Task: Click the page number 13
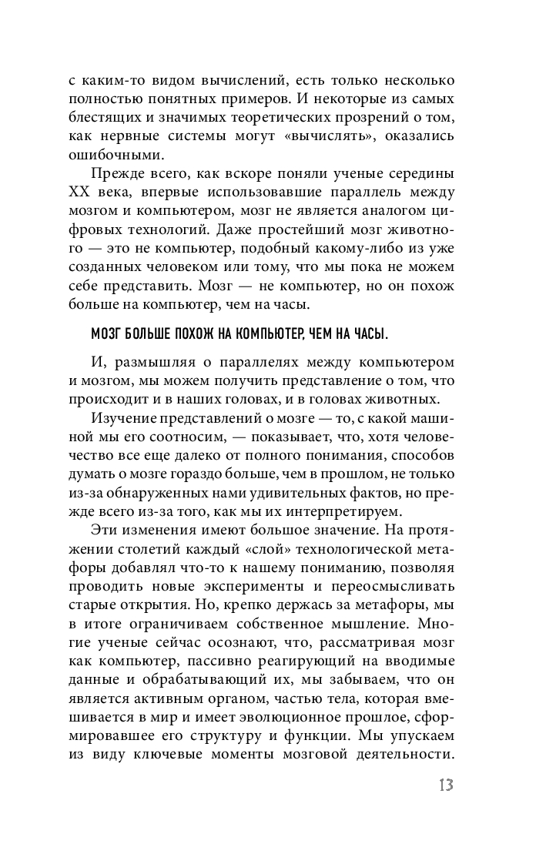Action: tap(444, 785)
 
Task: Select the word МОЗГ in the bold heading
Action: tap(107, 333)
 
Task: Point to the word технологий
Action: tap(173, 230)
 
